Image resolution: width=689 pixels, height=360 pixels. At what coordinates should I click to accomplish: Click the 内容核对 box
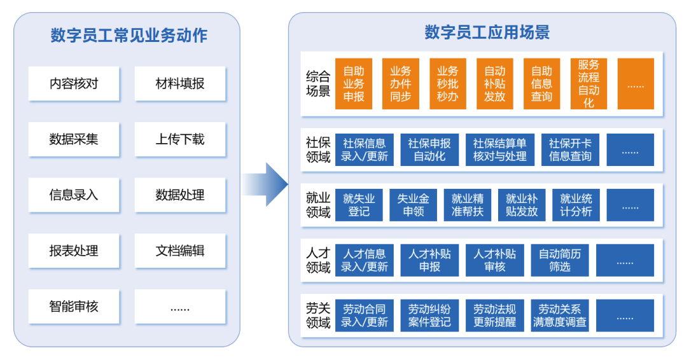74,83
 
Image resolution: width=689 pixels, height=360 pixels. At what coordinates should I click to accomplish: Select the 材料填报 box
180,83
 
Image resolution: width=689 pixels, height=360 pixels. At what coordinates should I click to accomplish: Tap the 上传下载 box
180,139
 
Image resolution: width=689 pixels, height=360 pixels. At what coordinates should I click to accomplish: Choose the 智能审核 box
74,306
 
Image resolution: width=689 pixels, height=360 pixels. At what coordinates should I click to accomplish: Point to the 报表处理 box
74,251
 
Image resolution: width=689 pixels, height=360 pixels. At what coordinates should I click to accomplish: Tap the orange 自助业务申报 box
354,84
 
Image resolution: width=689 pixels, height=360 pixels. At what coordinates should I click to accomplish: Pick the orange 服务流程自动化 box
588,84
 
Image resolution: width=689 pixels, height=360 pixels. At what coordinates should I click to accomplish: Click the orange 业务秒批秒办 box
447,84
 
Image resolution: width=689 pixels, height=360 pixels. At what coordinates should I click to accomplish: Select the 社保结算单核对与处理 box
500,150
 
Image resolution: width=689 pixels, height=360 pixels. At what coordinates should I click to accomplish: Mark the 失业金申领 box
413,205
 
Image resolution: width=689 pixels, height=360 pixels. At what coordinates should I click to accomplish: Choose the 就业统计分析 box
576,205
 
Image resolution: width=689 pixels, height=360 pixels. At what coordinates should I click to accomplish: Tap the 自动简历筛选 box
559,260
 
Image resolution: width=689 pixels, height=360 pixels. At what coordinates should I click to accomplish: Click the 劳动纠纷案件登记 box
429,315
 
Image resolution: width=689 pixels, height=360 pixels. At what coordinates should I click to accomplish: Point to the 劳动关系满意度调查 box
560,315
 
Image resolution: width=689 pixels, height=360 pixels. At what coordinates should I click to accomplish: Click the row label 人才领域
318,260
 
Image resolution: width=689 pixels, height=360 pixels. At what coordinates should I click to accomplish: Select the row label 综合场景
318,84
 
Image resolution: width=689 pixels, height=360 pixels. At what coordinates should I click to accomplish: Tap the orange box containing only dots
636,84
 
